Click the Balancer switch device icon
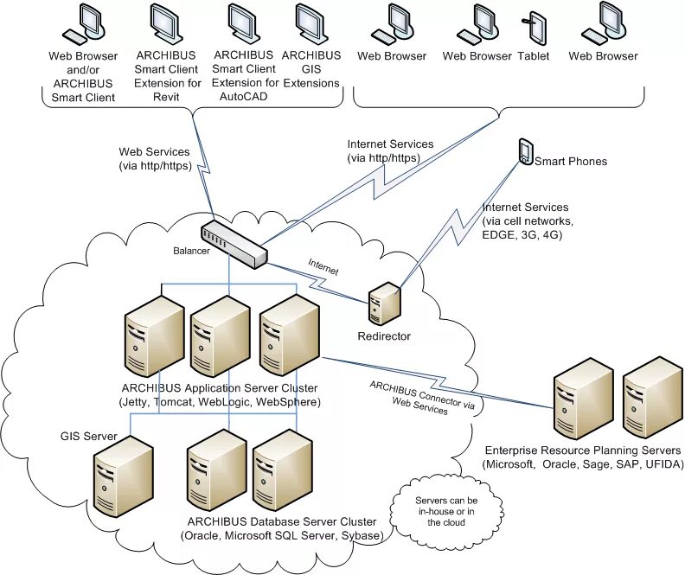(234, 244)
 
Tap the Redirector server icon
(384, 303)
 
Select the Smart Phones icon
(526, 152)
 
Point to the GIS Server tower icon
(124, 476)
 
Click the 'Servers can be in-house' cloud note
(446, 511)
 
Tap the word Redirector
(384, 336)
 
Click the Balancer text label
(191, 251)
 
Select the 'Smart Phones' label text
(571, 162)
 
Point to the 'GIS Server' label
(89, 436)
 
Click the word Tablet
(534, 56)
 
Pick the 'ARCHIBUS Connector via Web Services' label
(421, 397)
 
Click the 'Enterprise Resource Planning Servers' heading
(583, 450)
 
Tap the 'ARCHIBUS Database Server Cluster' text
(282, 521)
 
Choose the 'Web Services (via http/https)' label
(155, 159)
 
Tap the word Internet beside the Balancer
(323, 267)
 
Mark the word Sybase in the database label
(362, 536)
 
